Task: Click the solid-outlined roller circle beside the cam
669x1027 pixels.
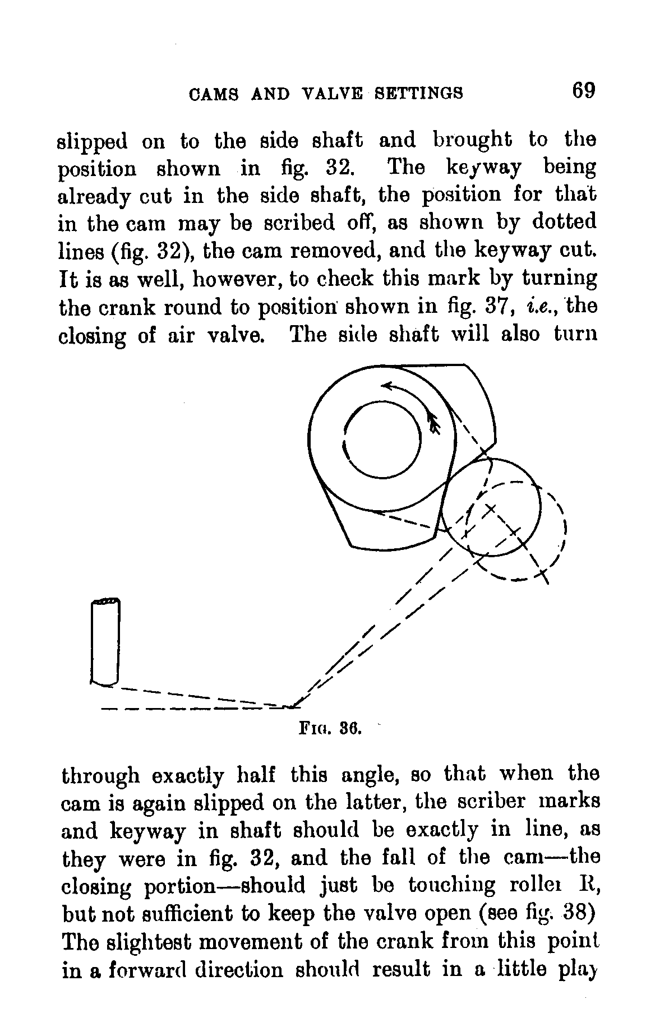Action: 491,507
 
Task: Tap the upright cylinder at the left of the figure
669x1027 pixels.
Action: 105,642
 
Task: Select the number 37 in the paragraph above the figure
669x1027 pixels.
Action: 495,307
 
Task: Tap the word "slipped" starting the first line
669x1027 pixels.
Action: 93,140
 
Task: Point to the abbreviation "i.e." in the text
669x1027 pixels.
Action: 539,307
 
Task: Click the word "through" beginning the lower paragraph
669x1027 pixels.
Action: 100,776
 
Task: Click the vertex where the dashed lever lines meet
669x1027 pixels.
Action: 293,706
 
